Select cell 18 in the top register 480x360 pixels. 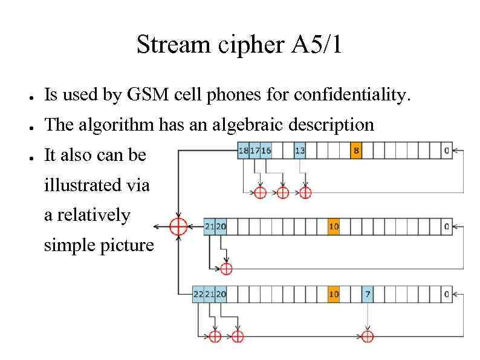[x=244, y=151]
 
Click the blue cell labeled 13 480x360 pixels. [x=300, y=151]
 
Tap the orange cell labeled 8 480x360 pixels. [x=356, y=151]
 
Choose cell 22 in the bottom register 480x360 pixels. [x=198, y=294]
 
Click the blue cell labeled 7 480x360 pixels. [x=368, y=294]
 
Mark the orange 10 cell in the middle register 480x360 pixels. [x=334, y=227]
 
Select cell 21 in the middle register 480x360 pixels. [x=210, y=227]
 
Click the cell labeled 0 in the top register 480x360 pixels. [x=446, y=151]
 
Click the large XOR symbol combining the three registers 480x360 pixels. [x=178, y=227]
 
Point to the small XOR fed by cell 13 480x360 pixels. [x=305, y=192]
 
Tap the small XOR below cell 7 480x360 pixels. [x=368, y=336]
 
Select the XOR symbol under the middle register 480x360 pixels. [x=226, y=268]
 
